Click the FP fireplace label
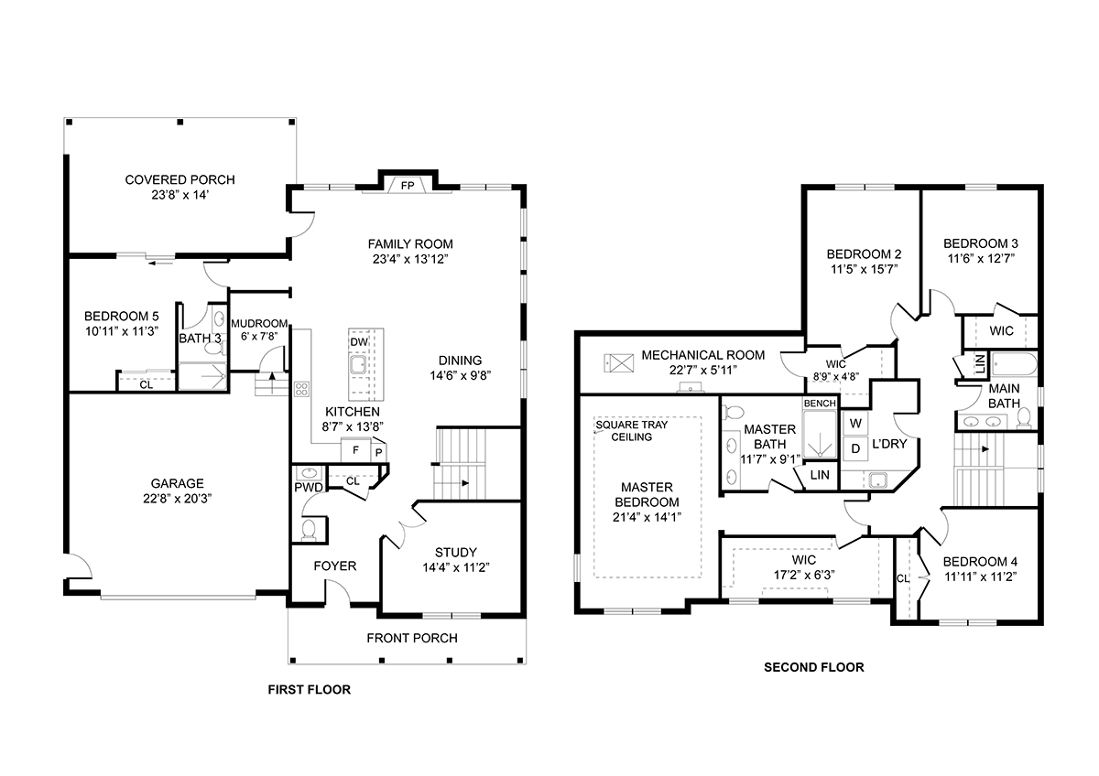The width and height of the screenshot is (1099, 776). pyautogui.click(x=408, y=186)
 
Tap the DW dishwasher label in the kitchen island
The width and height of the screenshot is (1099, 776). pyautogui.click(x=359, y=342)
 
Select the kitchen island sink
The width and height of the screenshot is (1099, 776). pyautogui.click(x=358, y=365)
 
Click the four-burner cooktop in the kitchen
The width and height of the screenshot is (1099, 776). pyautogui.click(x=301, y=389)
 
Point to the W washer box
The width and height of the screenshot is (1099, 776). pyautogui.click(x=855, y=424)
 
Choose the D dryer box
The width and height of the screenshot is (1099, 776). pyautogui.click(x=855, y=448)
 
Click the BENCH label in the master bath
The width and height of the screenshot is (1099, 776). pyautogui.click(x=820, y=404)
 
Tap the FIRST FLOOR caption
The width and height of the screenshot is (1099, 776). pyautogui.click(x=310, y=690)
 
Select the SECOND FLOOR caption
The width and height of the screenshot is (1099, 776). pyautogui.click(x=814, y=667)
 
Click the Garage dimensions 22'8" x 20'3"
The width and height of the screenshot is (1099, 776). pyautogui.click(x=177, y=499)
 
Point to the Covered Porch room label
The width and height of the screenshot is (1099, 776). pyautogui.click(x=180, y=180)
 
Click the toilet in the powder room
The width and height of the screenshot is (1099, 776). pyautogui.click(x=309, y=531)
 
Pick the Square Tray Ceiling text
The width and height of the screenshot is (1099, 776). pyautogui.click(x=631, y=431)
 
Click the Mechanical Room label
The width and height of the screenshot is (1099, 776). pyautogui.click(x=703, y=355)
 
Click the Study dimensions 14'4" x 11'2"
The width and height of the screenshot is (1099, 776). pyautogui.click(x=456, y=567)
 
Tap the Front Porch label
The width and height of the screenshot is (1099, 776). pyautogui.click(x=412, y=638)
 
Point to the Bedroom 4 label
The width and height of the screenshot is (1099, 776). pyautogui.click(x=980, y=562)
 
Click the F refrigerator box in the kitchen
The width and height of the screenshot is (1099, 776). pyautogui.click(x=355, y=450)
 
